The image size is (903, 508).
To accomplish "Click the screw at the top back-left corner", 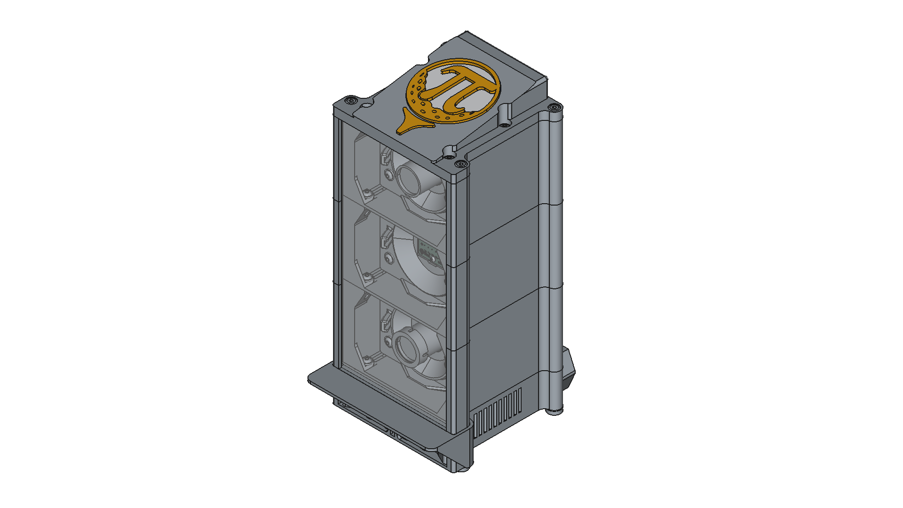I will [350, 101].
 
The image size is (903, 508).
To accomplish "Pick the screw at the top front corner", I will [460, 164].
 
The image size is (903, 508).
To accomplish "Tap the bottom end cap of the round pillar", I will [555, 411].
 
